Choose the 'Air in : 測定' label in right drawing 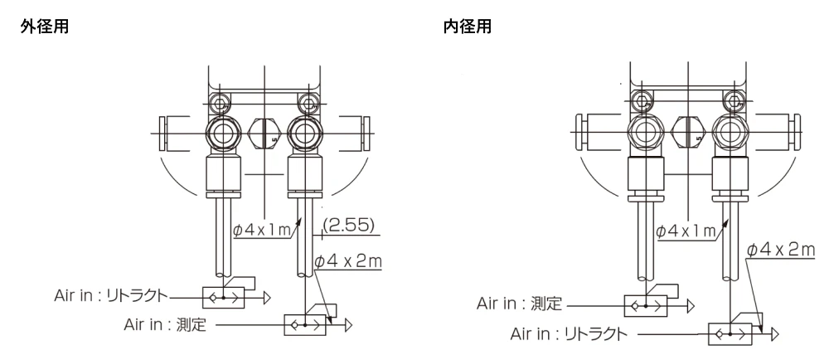521,304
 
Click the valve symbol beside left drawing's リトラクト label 223,295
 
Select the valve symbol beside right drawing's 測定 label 646,306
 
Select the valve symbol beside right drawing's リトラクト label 729,335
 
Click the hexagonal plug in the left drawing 263,131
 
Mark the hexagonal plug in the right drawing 687,131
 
